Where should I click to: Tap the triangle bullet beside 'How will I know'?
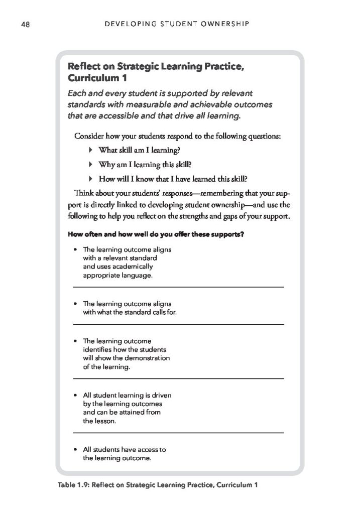click(x=90, y=178)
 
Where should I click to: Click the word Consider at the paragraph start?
click(x=88, y=137)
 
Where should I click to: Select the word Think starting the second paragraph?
click(x=84, y=193)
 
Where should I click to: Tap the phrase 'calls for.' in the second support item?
click(x=163, y=312)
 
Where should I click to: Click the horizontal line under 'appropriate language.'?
click(x=179, y=287)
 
